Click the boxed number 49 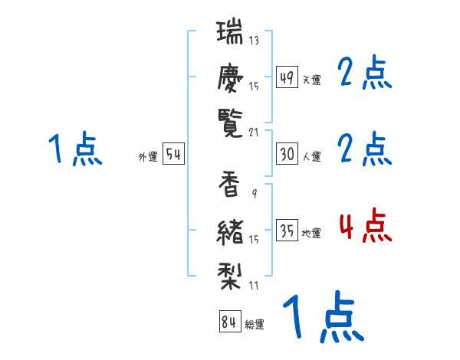point(287,77)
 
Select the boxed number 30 point(287,154)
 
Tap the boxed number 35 point(287,231)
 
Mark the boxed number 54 point(173,154)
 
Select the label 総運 point(255,325)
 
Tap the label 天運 point(311,80)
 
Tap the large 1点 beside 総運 point(322,316)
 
